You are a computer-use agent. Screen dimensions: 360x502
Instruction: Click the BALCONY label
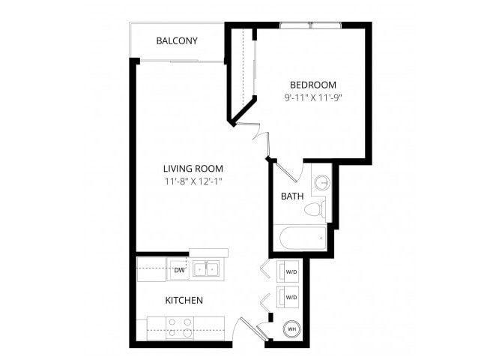pyautogui.click(x=177, y=40)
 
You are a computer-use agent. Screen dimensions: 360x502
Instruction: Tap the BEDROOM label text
pyautogui.click(x=312, y=85)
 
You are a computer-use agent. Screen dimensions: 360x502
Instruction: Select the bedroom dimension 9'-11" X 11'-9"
pyautogui.click(x=312, y=97)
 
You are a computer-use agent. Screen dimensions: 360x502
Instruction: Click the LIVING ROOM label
pyautogui.click(x=193, y=169)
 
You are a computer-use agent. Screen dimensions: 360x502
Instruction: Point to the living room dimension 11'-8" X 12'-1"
pyautogui.click(x=193, y=181)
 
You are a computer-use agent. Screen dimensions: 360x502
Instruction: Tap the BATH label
pyautogui.click(x=291, y=196)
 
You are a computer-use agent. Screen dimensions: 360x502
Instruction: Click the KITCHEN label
pyautogui.click(x=184, y=300)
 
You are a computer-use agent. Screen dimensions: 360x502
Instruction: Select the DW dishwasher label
pyautogui.click(x=180, y=269)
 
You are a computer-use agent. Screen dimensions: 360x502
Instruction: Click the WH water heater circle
pyautogui.click(x=291, y=328)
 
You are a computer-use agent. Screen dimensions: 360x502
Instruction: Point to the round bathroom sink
pyautogui.click(x=322, y=183)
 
